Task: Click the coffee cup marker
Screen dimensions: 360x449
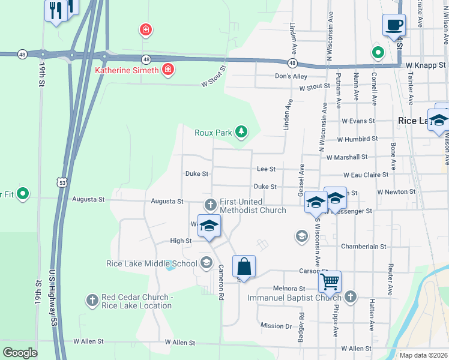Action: point(394,25)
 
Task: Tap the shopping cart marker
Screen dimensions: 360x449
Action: point(330,281)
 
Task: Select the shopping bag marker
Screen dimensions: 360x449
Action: point(244,266)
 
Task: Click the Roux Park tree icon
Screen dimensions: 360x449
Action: point(241,131)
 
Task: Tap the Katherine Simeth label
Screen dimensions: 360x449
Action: point(127,70)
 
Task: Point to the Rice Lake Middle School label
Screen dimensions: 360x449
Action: point(151,263)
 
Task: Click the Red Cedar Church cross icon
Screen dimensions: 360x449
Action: point(92,299)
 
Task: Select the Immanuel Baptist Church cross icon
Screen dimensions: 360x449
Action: point(351,296)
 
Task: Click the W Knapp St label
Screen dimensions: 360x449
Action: point(426,65)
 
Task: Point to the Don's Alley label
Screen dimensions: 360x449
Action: point(291,76)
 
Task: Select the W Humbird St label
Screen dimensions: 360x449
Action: point(357,139)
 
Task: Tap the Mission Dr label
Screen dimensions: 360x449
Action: point(276,326)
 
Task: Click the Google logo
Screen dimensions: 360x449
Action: point(20,353)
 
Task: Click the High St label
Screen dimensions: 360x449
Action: point(181,241)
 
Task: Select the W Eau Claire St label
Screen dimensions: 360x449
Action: point(366,175)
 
